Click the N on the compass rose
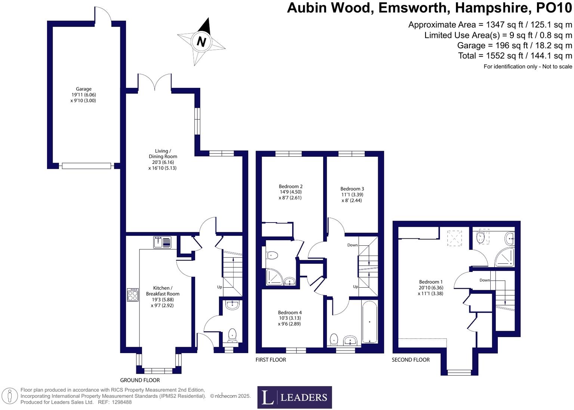(201, 41)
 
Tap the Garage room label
(84, 89)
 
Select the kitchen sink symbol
(162, 242)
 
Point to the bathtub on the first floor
(370, 322)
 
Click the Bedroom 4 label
(290, 312)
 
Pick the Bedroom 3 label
(352, 189)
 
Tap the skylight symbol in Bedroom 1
(454, 238)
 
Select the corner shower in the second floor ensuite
(505, 257)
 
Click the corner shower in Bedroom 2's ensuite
(275, 277)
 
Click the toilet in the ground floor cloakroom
(232, 334)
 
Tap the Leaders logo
(294, 397)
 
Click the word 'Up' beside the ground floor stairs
(220, 287)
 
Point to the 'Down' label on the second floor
(485, 280)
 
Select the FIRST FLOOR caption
(271, 360)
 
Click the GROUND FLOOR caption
(140, 380)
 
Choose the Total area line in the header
(515, 56)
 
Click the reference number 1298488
(120, 402)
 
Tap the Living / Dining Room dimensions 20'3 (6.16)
(163, 162)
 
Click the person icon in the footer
(10, 396)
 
